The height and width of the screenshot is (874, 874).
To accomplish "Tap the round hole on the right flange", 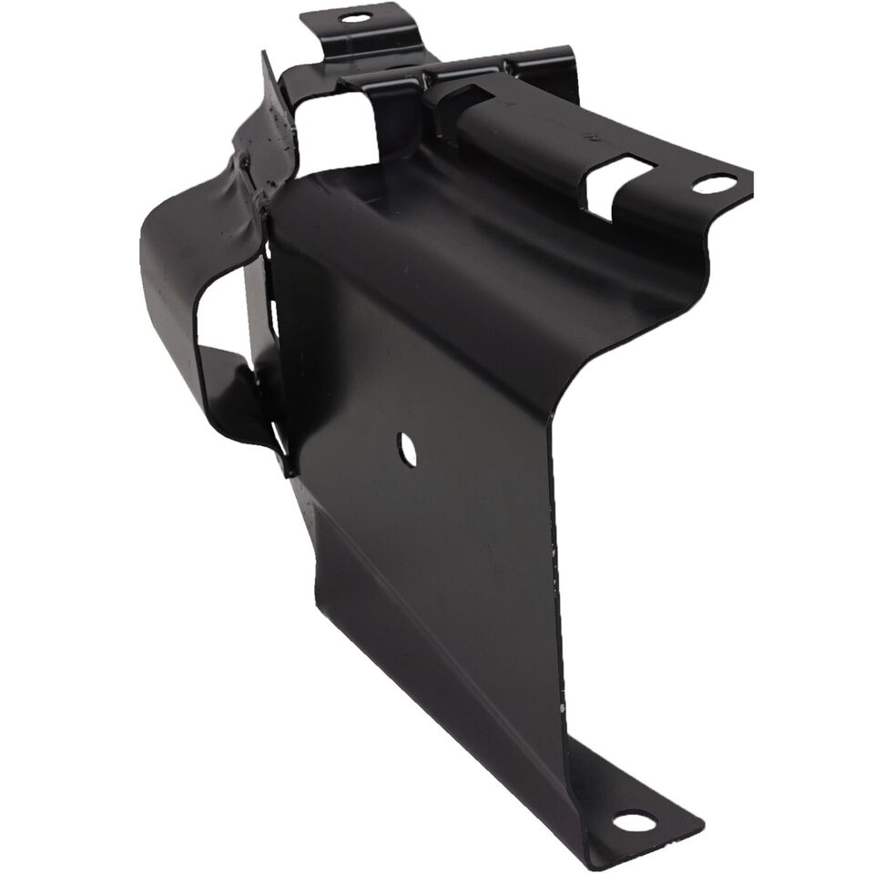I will [x=714, y=184].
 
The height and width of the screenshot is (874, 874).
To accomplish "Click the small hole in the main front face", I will [x=407, y=447].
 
